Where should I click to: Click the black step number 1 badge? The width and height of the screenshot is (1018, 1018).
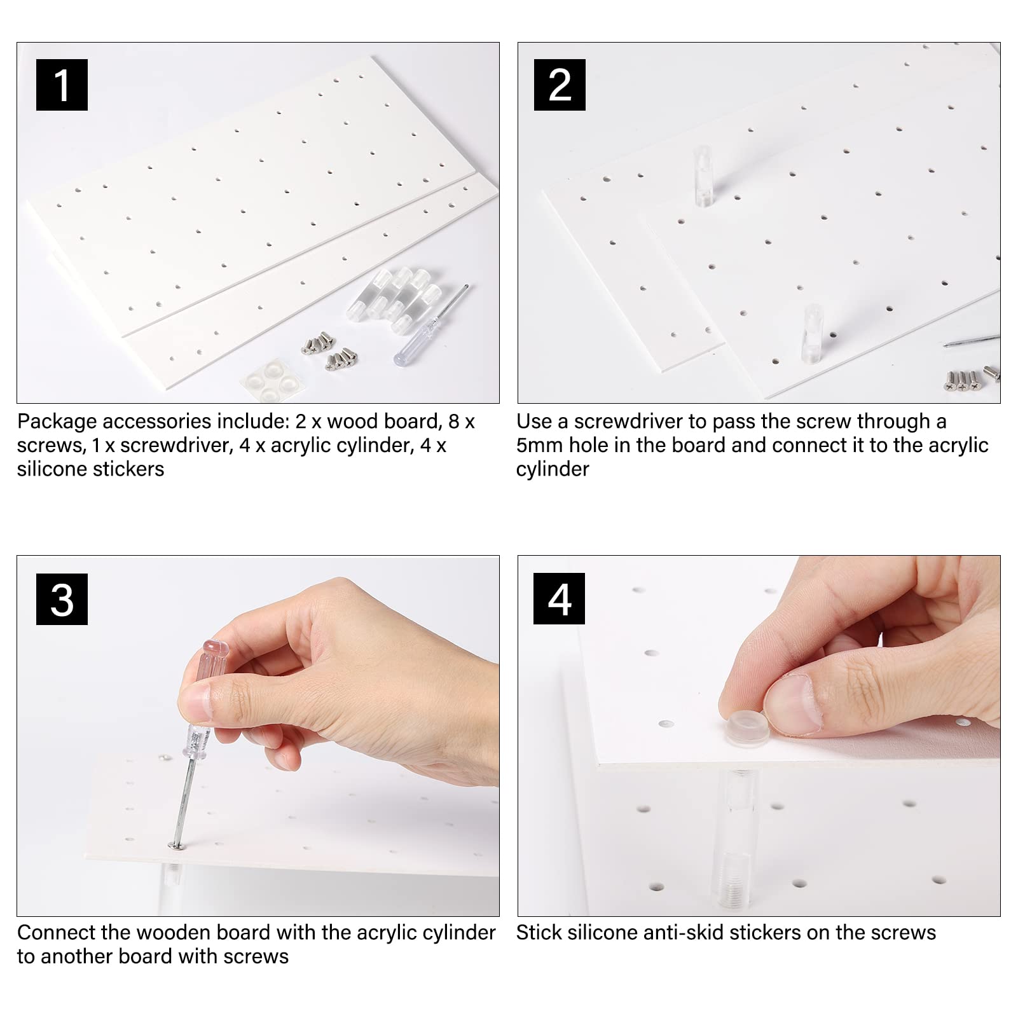pos(62,85)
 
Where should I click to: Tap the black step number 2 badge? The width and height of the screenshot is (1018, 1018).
pos(560,85)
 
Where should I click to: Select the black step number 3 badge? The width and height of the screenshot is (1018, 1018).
pos(62,600)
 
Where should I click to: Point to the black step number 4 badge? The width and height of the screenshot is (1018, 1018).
pos(560,600)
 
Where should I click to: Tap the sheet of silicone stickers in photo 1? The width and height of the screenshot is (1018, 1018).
pos(270,380)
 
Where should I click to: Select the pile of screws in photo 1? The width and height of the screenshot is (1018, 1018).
pos(329,350)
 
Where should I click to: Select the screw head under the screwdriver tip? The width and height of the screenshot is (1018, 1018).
pos(173,844)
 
